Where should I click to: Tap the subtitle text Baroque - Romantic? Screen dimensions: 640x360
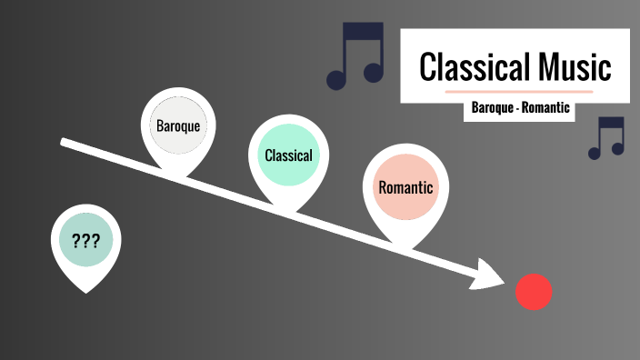pos(520,108)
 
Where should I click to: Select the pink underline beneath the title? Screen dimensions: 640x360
pos(519,92)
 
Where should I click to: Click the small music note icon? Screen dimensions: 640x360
pos(606,138)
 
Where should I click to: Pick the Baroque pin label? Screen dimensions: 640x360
pos(178,125)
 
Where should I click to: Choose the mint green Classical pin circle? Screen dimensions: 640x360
pos(288,155)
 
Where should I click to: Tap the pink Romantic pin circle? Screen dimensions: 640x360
pos(405,188)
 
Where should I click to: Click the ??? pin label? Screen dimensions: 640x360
pos(85,241)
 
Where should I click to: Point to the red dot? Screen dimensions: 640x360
pos(534,291)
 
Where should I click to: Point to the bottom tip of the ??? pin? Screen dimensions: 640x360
pos(85,291)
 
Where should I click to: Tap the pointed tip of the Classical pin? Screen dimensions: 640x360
pos(288,211)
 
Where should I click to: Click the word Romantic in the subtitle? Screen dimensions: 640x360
pos(545,108)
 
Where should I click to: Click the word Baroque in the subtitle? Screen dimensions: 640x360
pos(493,108)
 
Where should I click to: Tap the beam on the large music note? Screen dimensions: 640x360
pos(361,31)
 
